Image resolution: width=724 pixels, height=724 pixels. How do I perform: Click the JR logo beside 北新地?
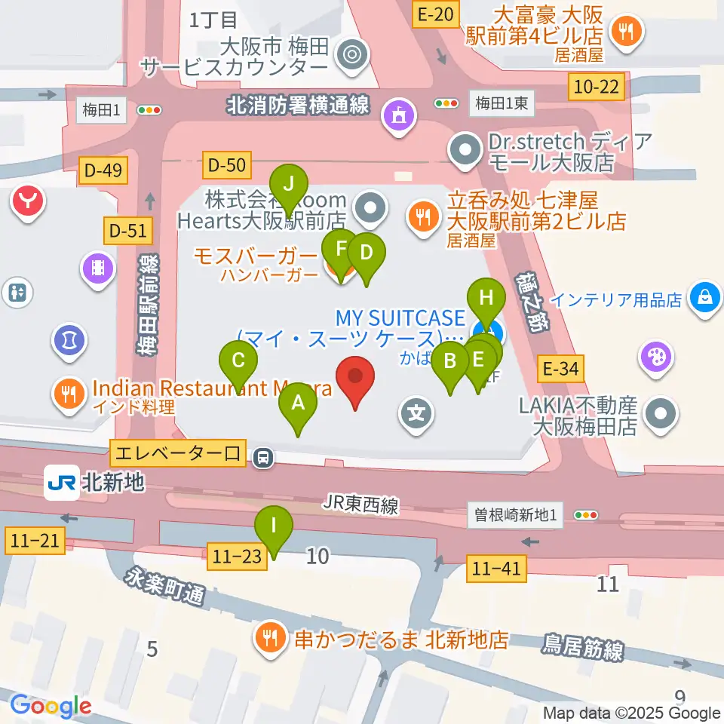61,482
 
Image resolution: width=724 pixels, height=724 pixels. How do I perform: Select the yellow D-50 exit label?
225,163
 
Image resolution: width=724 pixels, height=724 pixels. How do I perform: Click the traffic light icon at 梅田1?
149,110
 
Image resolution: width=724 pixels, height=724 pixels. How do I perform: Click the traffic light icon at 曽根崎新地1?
586,515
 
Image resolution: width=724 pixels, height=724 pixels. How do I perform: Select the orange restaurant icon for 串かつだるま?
269,640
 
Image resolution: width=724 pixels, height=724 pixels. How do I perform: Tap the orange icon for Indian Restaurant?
69,391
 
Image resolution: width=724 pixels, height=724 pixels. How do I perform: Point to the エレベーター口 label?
176,454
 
